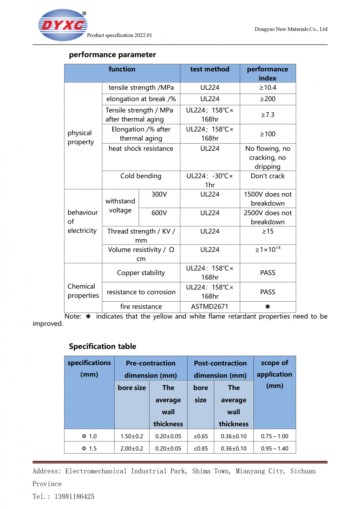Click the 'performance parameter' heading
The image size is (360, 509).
[112, 55]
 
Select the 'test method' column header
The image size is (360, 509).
[210, 69]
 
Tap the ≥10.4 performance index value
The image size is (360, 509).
[267, 87]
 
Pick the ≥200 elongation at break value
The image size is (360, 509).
[267, 99]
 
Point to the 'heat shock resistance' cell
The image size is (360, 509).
[141, 149]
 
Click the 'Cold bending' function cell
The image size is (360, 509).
[141, 176]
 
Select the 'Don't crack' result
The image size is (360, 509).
[267, 176]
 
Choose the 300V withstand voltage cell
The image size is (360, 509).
[159, 194]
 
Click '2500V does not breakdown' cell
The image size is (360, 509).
[267, 217]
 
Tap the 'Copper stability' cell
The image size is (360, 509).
[141, 273]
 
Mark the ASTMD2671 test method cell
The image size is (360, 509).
[210, 307]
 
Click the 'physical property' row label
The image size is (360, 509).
[81, 138]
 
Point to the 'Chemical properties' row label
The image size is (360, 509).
[83, 291]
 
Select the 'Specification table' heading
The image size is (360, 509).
[103, 346]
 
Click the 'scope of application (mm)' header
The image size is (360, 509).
[274, 374]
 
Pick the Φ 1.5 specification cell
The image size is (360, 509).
[89, 449]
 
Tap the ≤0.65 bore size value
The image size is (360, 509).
[201, 436]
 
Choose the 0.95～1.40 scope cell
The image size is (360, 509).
[274, 449]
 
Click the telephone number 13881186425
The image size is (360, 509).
[74, 497]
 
